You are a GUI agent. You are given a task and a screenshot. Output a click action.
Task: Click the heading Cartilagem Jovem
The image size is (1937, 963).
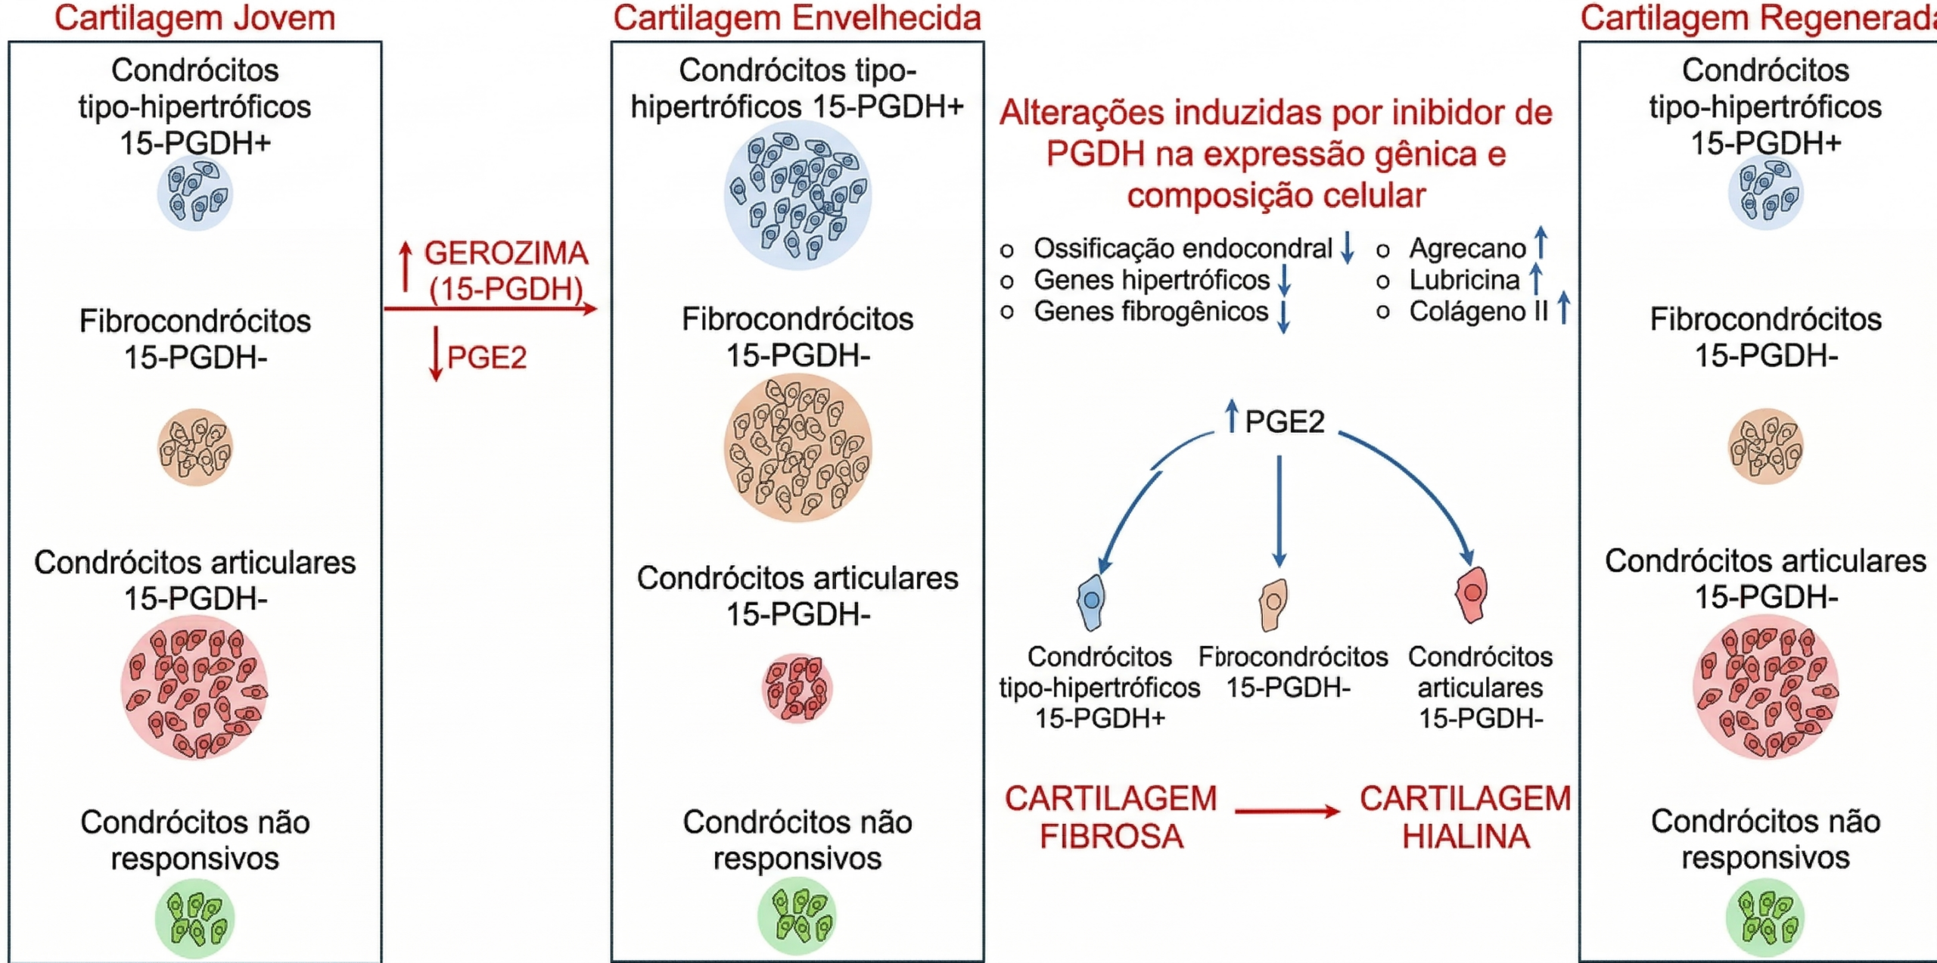coord(194,18)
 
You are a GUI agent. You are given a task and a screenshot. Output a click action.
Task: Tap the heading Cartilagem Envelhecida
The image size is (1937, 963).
coord(797,18)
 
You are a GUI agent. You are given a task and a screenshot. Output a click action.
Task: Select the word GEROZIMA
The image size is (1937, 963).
coord(505,253)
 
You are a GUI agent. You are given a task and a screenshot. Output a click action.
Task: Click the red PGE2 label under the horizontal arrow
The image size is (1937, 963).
coord(487,357)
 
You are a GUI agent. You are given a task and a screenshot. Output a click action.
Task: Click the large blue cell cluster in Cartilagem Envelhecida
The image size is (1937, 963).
coord(797,196)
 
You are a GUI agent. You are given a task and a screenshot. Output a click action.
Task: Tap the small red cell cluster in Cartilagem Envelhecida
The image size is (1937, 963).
coord(797,688)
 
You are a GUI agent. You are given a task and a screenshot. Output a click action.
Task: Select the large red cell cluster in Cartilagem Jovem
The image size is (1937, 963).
coord(194,688)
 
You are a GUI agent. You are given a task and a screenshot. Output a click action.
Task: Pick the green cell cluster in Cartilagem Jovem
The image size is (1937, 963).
coord(194,918)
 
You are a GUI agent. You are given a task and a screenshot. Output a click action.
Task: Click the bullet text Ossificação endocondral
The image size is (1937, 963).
coord(1182,248)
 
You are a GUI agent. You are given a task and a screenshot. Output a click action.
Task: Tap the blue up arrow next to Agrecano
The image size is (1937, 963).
coord(1541,243)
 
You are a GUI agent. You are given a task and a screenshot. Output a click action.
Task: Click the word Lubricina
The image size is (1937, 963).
coord(1464,280)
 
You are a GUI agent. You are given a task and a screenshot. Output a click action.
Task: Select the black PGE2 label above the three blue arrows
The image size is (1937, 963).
coord(1285,421)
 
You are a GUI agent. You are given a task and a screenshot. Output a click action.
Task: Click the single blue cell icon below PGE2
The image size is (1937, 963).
coord(1091,601)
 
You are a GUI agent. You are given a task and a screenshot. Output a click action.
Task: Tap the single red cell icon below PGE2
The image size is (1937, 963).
coord(1472,594)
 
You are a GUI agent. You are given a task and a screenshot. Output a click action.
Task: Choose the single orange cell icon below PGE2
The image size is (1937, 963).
coord(1273,604)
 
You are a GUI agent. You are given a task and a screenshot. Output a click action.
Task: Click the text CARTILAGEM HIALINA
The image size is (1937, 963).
coord(1465,817)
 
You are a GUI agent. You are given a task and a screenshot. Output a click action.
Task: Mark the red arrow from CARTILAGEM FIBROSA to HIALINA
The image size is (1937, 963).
coord(1286,812)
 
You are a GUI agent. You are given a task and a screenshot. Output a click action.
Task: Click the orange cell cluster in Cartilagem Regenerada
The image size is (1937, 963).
coord(1765,446)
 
